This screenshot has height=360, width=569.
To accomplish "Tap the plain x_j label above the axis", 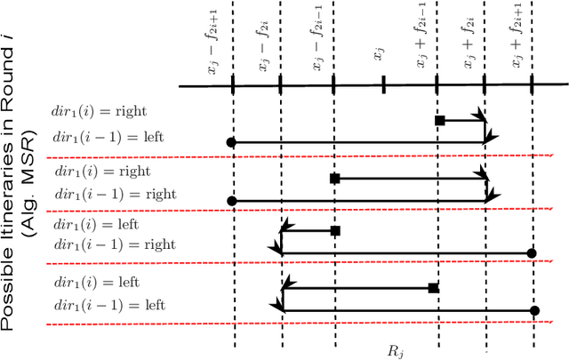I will coord(378,58).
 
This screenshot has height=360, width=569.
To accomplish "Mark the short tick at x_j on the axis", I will coord(382,84).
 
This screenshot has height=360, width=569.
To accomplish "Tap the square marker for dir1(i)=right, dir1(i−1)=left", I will coord(439,120).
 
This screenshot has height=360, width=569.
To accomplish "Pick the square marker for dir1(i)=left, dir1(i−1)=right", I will coord(335,231).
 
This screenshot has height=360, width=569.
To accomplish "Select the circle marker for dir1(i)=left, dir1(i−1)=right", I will coord(532,253).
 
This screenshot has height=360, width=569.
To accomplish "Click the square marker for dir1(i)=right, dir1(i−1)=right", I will coord(335,179).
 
